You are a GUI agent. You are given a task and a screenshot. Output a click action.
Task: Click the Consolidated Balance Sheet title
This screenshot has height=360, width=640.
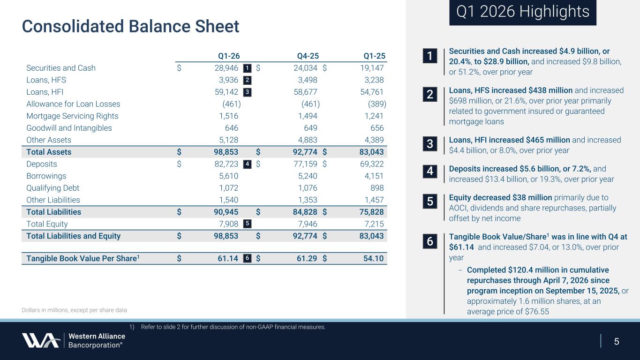(x=130, y=26)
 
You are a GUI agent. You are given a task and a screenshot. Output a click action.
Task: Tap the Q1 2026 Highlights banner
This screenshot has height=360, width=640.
(x=522, y=12)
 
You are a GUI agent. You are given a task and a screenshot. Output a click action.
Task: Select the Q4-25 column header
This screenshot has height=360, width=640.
(x=308, y=56)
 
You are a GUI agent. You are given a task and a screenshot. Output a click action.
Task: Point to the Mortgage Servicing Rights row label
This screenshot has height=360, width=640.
(x=72, y=116)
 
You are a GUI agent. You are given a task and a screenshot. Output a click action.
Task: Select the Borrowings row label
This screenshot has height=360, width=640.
(x=46, y=176)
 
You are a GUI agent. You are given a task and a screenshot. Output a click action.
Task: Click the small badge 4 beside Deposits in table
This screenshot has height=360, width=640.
(x=248, y=164)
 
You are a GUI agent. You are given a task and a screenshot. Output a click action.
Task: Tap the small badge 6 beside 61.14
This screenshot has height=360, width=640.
(x=248, y=258)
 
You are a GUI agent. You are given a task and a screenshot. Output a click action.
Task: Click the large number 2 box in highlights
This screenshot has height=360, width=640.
(x=429, y=94)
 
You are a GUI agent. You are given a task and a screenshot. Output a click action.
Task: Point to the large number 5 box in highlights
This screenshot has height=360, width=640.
(x=429, y=201)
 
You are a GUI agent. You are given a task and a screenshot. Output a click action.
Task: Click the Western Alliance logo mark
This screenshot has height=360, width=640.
(x=40, y=340)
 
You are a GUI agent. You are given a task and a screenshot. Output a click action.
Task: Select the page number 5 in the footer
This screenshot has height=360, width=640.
(x=617, y=341)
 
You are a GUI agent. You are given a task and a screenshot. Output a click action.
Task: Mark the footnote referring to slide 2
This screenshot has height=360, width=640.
(x=227, y=327)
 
